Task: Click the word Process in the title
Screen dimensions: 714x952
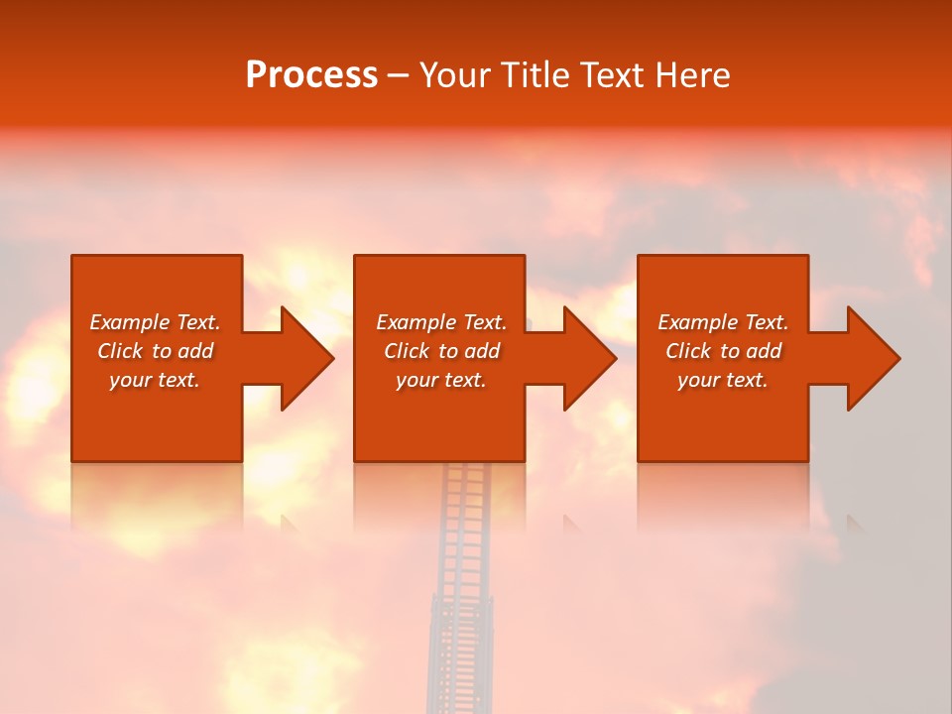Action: click(311, 75)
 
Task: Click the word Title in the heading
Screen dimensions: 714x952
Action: click(534, 75)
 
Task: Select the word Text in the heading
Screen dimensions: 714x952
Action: click(612, 75)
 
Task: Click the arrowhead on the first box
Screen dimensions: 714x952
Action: click(303, 358)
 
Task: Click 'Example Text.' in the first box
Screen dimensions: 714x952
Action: click(155, 322)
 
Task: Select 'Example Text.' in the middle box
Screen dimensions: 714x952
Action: click(441, 322)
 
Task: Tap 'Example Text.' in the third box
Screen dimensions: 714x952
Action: click(723, 322)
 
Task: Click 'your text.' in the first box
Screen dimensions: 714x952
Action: click(155, 380)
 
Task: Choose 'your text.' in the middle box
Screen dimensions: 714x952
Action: click(441, 380)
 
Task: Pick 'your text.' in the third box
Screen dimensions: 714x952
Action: click(723, 380)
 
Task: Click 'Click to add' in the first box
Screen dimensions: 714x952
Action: click(155, 351)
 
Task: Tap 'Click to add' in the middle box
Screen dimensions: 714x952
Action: click(441, 351)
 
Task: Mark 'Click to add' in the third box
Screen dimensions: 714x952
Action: click(723, 351)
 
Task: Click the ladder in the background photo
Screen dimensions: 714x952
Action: click(460, 595)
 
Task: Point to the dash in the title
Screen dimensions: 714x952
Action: click(398, 76)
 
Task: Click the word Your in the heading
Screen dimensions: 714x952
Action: click(456, 75)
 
